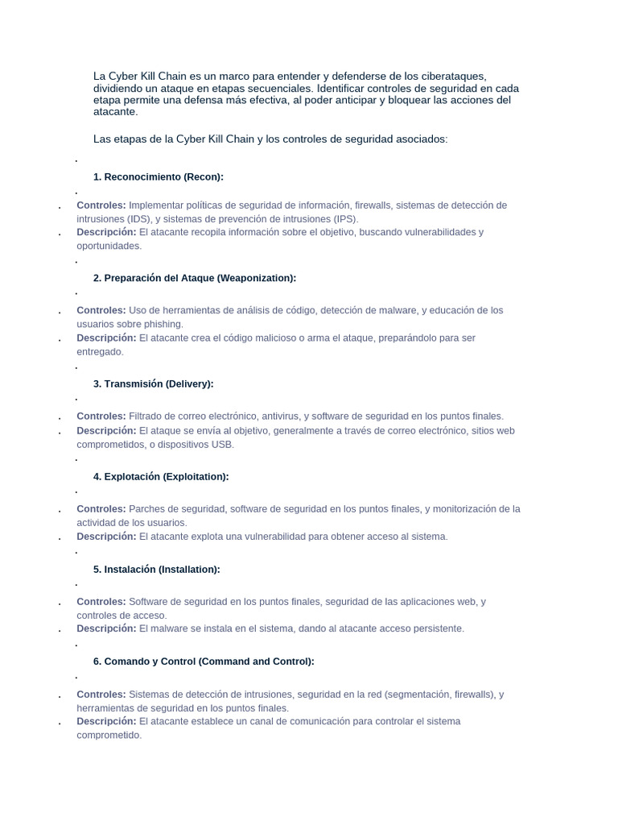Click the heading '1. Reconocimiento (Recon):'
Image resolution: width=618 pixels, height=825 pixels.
[158, 177]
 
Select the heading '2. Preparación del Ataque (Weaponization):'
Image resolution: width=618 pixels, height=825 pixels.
[195, 278]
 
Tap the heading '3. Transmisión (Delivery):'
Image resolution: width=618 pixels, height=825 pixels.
[153, 383]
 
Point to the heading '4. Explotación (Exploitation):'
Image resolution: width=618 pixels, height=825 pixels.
[161, 477]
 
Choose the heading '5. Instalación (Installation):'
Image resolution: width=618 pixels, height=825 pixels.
[156, 570]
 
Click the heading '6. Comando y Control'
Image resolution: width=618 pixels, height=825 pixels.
[204, 661]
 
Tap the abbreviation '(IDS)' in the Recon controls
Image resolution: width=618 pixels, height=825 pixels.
[137, 219]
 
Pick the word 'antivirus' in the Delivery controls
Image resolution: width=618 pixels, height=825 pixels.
[278, 417]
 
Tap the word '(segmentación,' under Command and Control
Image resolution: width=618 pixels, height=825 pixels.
[417, 694]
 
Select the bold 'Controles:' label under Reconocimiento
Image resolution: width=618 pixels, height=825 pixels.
[101, 205]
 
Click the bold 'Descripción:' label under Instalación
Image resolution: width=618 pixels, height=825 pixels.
[106, 628]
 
